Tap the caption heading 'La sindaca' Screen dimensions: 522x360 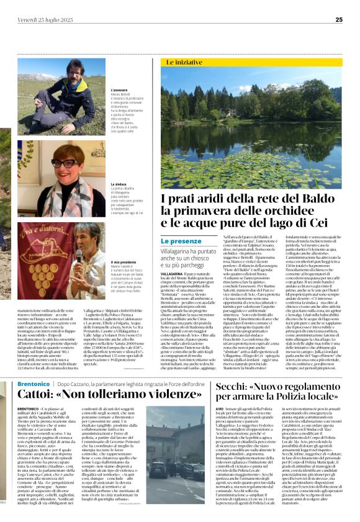(119, 184)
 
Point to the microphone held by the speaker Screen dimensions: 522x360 (78, 255)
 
